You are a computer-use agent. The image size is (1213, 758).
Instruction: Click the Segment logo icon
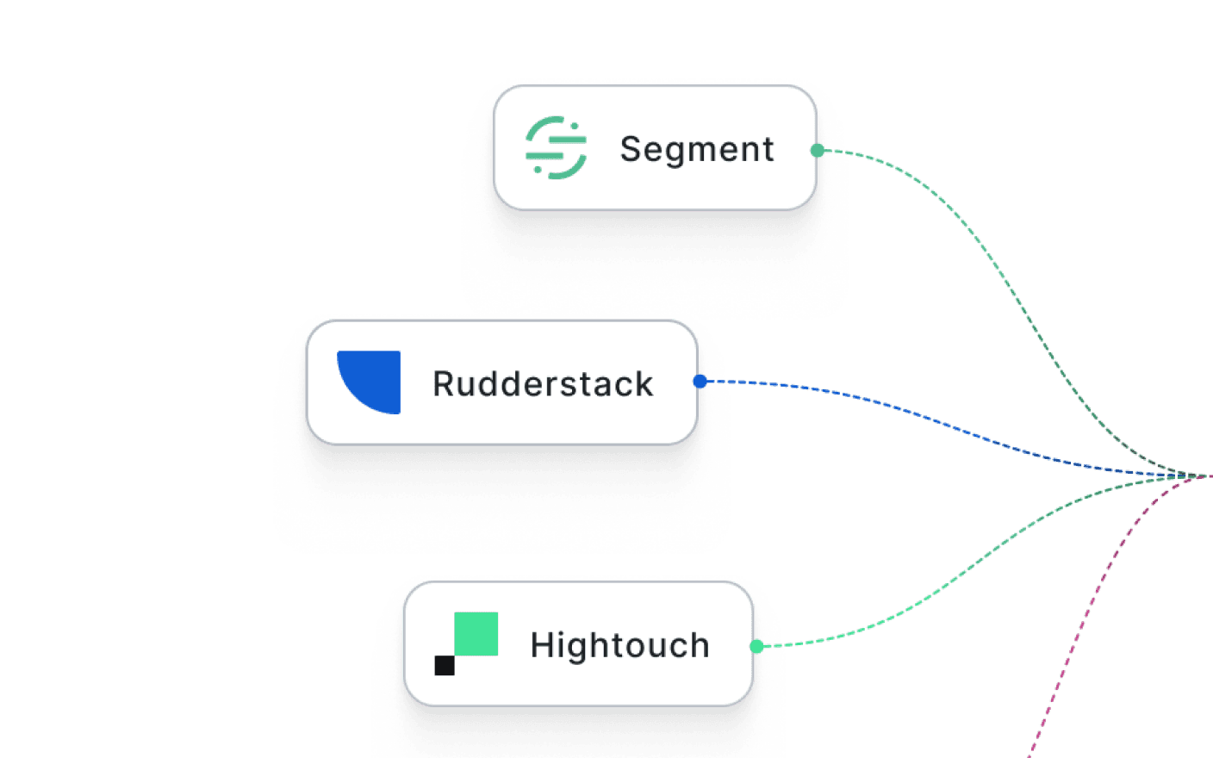[556, 148]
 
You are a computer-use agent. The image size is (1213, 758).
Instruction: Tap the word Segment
[697, 149]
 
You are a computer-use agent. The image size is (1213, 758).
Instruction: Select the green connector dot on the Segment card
[818, 151]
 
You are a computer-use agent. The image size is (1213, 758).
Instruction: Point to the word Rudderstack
[543, 384]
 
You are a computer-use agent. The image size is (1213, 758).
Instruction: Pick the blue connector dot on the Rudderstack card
[700, 381]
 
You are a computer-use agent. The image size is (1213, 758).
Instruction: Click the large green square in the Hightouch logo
[476, 634]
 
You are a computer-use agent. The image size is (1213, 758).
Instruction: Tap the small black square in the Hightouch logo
[445, 665]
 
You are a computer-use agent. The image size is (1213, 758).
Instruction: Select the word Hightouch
[619, 645]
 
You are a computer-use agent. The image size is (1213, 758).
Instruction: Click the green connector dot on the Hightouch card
[756, 646]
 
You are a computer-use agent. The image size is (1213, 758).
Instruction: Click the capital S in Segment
[631, 149]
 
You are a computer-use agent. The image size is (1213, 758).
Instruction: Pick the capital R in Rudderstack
[444, 384]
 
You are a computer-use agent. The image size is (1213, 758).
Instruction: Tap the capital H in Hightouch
[541, 645]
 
